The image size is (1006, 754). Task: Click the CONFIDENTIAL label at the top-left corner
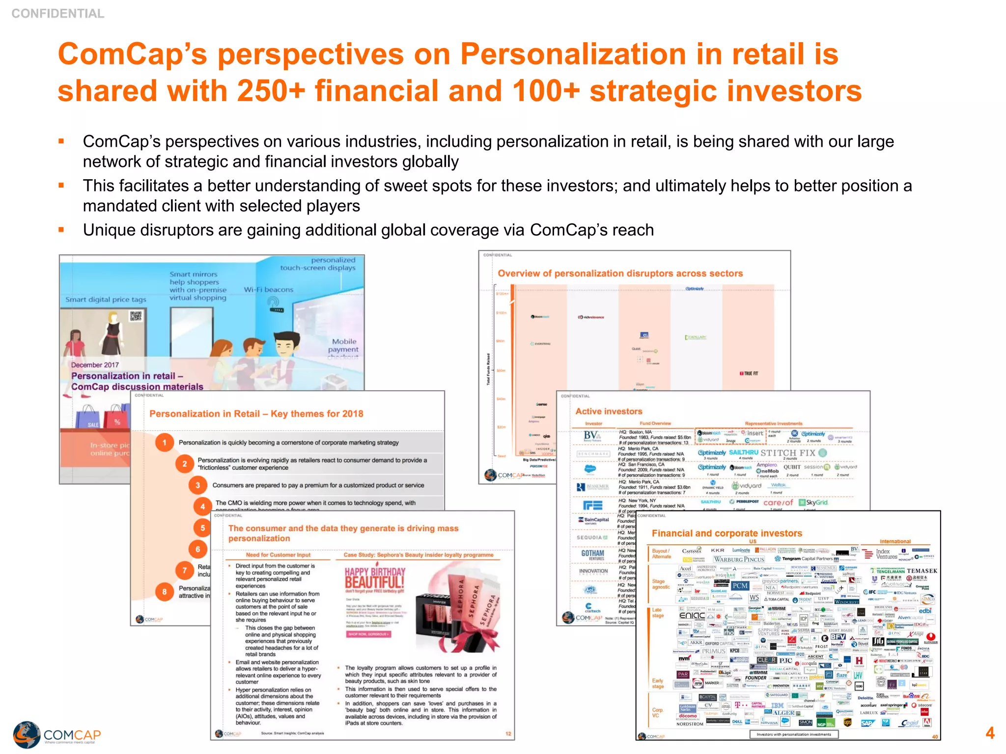pyautogui.click(x=58, y=14)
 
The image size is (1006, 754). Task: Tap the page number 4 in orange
pyautogui.click(x=989, y=733)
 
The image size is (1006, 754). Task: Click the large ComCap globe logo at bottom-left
pyautogui.click(x=27, y=734)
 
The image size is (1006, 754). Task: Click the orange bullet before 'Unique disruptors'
pyautogui.click(x=61, y=229)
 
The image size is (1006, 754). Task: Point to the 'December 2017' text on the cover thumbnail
pyautogui.click(x=95, y=365)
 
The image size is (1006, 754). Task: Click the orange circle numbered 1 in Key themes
pyautogui.click(x=165, y=442)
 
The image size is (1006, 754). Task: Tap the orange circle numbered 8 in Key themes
pyautogui.click(x=165, y=592)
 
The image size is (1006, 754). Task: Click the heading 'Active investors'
pyautogui.click(x=609, y=411)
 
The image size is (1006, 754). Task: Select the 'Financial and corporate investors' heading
pyautogui.click(x=727, y=533)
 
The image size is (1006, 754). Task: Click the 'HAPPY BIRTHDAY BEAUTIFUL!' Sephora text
pyautogui.click(x=375, y=578)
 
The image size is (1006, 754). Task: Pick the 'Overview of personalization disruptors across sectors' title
pyautogui.click(x=620, y=273)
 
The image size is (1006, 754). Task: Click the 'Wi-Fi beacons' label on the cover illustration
pyautogui.click(x=268, y=290)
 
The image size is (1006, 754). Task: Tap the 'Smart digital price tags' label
pyautogui.click(x=106, y=299)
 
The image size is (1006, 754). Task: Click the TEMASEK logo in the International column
pyautogui.click(x=922, y=571)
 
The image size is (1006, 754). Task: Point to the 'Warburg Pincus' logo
pyautogui.click(x=739, y=559)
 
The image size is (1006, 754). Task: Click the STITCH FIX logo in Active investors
pyautogui.click(x=788, y=453)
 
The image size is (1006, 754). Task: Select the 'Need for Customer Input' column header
pyautogui.click(x=278, y=555)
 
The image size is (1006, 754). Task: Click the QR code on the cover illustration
pyautogui.click(x=136, y=316)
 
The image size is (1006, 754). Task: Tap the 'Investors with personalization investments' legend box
pyautogui.click(x=793, y=734)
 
